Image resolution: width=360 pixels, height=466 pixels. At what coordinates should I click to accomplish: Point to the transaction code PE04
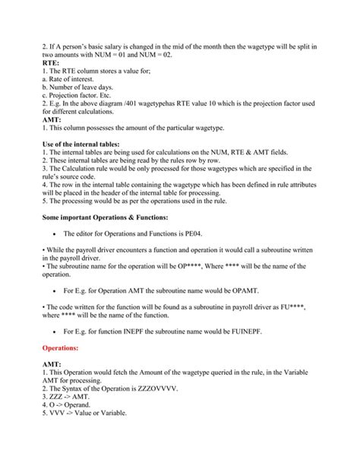[215, 234]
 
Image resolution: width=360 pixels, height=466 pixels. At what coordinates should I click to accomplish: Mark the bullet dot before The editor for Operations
[56, 235]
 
